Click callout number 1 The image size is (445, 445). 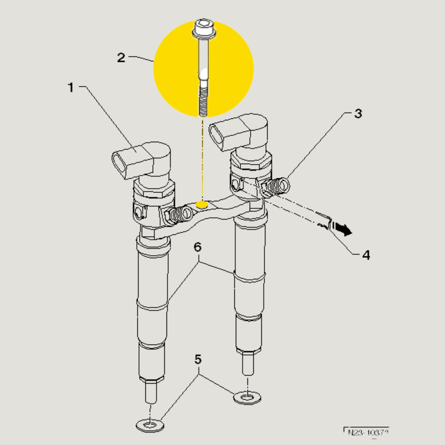[71, 87]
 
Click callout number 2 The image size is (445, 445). [121, 58]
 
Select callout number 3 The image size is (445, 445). [358, 113]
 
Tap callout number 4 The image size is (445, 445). [366, 255]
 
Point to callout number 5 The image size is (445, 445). [198, 359]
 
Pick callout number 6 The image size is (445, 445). [197, 247]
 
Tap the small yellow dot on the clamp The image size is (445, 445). [202, 205]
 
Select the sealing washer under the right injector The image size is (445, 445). [247, 398]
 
